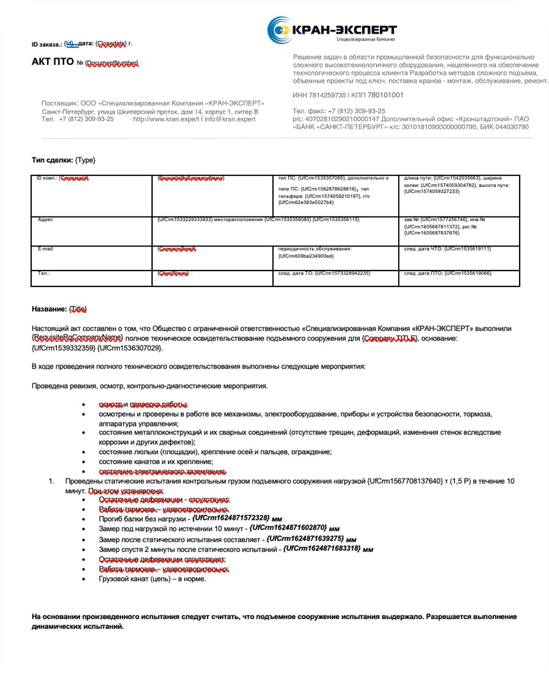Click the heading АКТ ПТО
(52, 62)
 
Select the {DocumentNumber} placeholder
(112, 63)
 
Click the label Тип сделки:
(52, 160)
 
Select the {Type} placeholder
(85, 160)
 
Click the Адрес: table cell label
(46, 219)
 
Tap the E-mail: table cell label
(46, 249)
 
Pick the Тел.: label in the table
(44, 273)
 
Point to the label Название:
(49, 309)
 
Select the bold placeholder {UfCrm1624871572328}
(231, 518)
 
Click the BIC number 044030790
(511, 127)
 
